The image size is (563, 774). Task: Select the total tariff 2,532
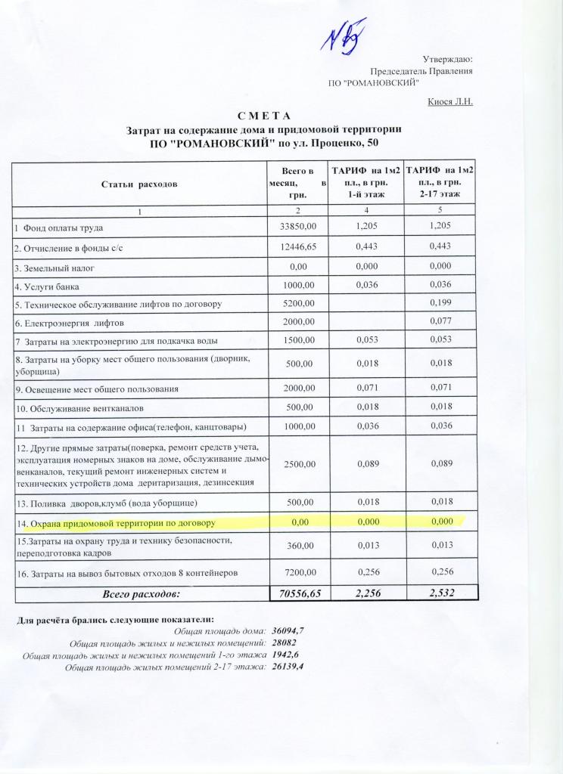point(441,594)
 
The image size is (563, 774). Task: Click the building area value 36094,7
point(288,630)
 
